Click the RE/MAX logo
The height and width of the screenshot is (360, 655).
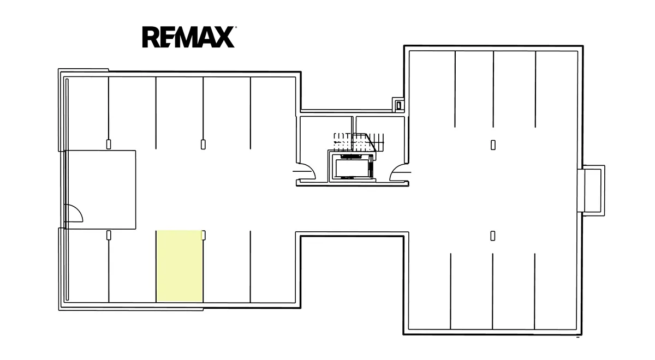[x=189, y=37]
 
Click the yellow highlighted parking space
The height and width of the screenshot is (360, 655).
[x=180, y=266]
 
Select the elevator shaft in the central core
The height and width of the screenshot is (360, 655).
[x=352, y=166]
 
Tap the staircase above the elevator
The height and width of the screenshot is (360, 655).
[x=359, y=142]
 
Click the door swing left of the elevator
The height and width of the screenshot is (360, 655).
[x=305, y=171]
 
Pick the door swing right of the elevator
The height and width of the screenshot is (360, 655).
[x=400, y=172]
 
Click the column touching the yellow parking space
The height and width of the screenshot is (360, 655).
[x=204, y=235]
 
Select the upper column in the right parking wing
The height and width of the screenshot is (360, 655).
[x=493, y=145]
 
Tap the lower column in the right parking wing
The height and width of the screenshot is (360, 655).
[x=493, y=236]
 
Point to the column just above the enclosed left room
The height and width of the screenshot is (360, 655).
[x=109, y=145]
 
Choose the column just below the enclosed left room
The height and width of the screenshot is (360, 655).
[x=109, y=235]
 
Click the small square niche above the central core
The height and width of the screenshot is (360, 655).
[x=398, y=105]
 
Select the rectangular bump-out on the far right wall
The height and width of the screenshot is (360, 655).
[x=593, y=190]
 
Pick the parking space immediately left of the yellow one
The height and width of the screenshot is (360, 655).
[x=133, y=266]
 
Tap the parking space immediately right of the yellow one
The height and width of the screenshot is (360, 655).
[x=227, y=266]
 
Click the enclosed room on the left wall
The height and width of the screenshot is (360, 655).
[x=100, y=190]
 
